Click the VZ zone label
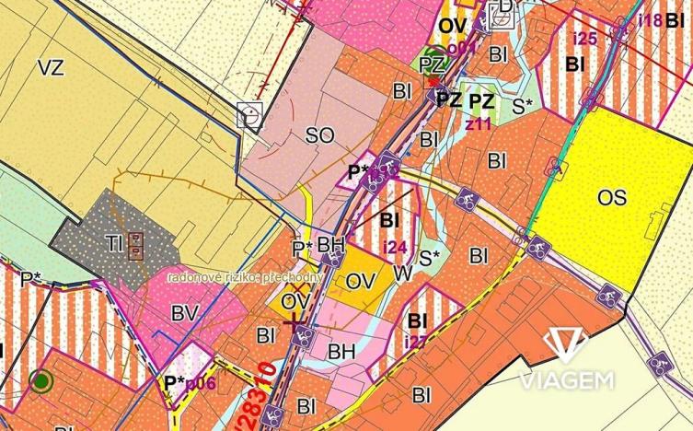(x=51, y=66)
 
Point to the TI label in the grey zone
(x=115, y=243)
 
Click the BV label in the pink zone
(x=185, y=314)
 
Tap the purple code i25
(x=585, y=39)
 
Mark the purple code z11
(x=479, y=123)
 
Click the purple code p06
(x=201, y=382)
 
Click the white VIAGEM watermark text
(x=564, y=380)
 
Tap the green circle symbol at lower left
(x=41, y=379)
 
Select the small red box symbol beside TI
(x=136, y=244)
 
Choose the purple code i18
(x=650, y=19)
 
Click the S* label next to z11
(x=523, y=106)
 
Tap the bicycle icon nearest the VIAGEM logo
(x=607, y=296)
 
